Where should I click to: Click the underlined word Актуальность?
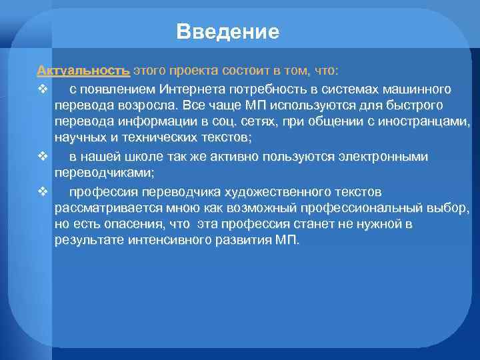tap(83, 71)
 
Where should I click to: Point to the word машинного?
tap(418, 89)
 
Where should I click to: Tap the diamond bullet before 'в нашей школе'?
tap(42, 157)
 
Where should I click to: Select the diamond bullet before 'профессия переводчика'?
tap(42, 191)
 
